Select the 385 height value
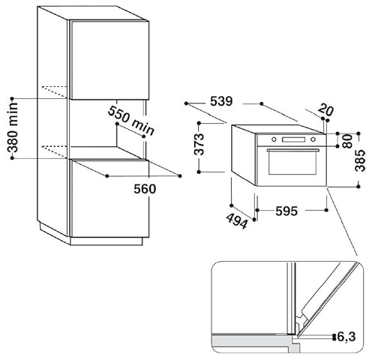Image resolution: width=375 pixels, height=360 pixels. click(360, 159)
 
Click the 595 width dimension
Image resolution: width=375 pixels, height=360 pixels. click(286, 211)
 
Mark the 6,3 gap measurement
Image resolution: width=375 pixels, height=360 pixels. click(347, 337)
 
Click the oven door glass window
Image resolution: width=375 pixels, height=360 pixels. click(292, 167)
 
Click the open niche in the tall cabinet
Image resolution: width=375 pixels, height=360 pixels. click(105, 127)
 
